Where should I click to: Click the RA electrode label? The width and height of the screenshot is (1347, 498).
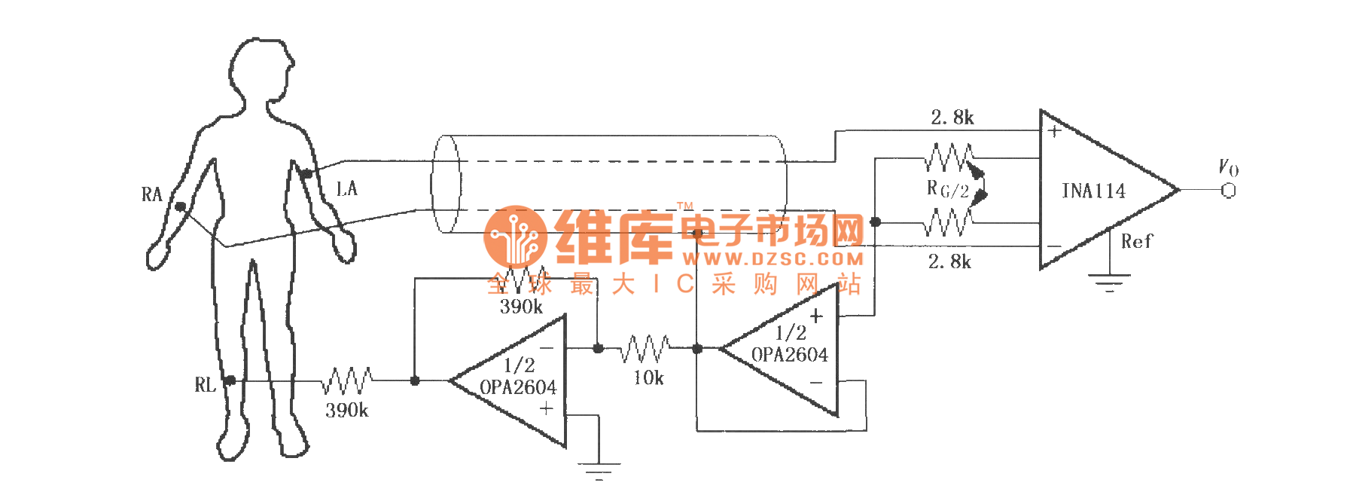(151, 195)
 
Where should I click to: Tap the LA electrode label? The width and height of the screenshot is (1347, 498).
(346, 188)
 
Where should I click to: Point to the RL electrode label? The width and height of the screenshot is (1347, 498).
(205, 386)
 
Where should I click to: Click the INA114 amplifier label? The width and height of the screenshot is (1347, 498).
(1093, 191)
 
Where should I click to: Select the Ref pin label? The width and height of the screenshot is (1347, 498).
(1136, 242)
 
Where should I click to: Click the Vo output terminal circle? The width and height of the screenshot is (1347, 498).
(1228, 191)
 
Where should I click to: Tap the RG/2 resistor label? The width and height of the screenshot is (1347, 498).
(947, 189)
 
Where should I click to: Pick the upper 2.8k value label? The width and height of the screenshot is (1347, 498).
(952, 118)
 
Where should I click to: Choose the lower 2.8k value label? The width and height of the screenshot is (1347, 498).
(949, 262)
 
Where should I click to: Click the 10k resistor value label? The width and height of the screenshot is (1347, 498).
(648, 378)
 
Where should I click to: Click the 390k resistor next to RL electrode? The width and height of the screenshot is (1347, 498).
(347, 380)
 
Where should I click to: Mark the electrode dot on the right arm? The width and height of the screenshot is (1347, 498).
(180, 206)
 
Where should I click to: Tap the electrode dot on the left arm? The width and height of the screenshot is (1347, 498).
(306, 174)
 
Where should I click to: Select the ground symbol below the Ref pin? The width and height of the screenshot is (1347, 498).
(1109, 283)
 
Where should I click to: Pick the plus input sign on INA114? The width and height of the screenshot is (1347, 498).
(1054, 131)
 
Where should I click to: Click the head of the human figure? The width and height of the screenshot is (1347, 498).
(261, 72)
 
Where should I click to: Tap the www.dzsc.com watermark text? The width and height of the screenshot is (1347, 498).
(773, 259)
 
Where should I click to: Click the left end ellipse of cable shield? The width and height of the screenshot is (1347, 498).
(446, 184)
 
